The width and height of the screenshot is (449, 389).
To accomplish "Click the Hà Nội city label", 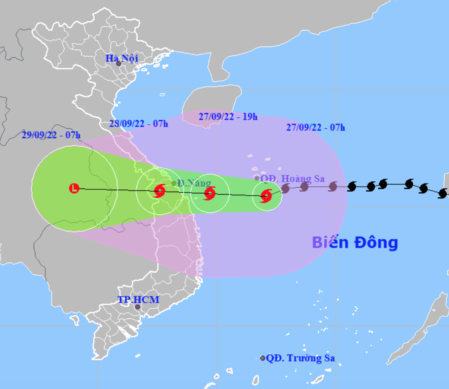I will pyautogui.click(x=122, y=58).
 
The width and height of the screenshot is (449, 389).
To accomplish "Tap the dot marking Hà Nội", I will pyautogui.click(x=118, y=64).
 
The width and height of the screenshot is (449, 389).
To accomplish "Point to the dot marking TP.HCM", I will pyautogui.click(x=137, y=307).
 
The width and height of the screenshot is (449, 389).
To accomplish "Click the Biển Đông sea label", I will pyautogui.click(x=355, y=242).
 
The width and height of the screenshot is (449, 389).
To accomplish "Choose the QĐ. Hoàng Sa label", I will pyautogui.click(x=292, y=179).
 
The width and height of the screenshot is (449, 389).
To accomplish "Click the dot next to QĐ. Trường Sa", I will pyautogui.click(x=263, y=358).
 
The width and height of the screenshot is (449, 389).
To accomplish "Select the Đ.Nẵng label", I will pyautogui.click(x=194, y=183).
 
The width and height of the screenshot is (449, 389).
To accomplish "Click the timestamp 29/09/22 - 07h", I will pyautogui.click(x=51, y=135).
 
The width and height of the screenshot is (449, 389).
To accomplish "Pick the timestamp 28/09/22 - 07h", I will pyautogui.click(x=139, y=124).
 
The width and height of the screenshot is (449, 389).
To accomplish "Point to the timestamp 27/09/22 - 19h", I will pyautogui.click(x=228, y=117).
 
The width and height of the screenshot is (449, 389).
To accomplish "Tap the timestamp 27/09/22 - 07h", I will pyautogui.click(x=316, y=128).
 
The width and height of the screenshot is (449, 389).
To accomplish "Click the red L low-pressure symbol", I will pyautogui.click(x=74, y=188).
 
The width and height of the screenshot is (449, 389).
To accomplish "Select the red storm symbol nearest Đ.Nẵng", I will pyautogui.click(x=159, y=190).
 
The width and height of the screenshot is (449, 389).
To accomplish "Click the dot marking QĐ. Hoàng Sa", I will pyautogui.click(x=257, y=178).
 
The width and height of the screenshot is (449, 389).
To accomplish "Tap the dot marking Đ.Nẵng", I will pyautogui.click(x=174, y=183).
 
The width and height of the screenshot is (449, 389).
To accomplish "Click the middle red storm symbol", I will pyautogui.click(x=210, y=194).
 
